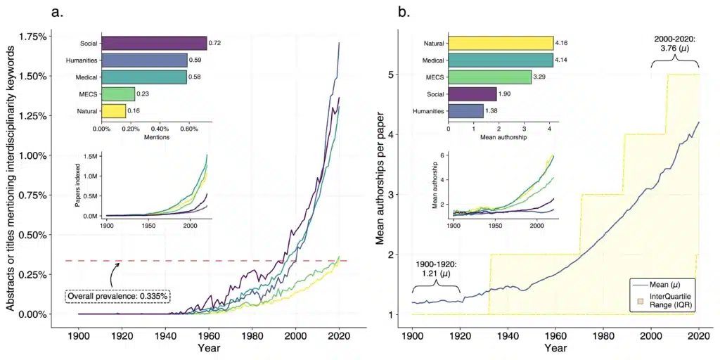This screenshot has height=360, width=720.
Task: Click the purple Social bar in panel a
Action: click(x=154, y=44)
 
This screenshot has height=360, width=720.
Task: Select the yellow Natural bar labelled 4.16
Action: click(x=500, y=44)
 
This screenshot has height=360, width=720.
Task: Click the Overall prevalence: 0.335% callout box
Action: click(x=117, y=296)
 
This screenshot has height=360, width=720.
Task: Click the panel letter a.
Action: click(x=58, y=11)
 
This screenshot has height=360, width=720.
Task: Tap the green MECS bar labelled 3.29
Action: click(x=489, y=77)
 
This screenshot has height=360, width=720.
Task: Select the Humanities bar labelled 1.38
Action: click(x=465, y=110)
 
